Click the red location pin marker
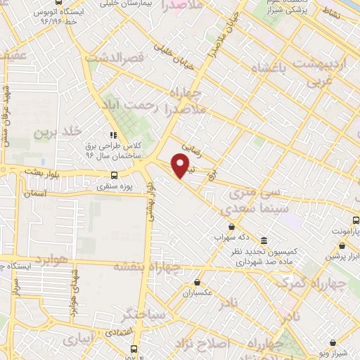tap(182, 165)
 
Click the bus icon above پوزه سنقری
tap(113, 176)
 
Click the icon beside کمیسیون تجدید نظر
tap(263, 240)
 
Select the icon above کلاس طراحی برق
tap(113, 135)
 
